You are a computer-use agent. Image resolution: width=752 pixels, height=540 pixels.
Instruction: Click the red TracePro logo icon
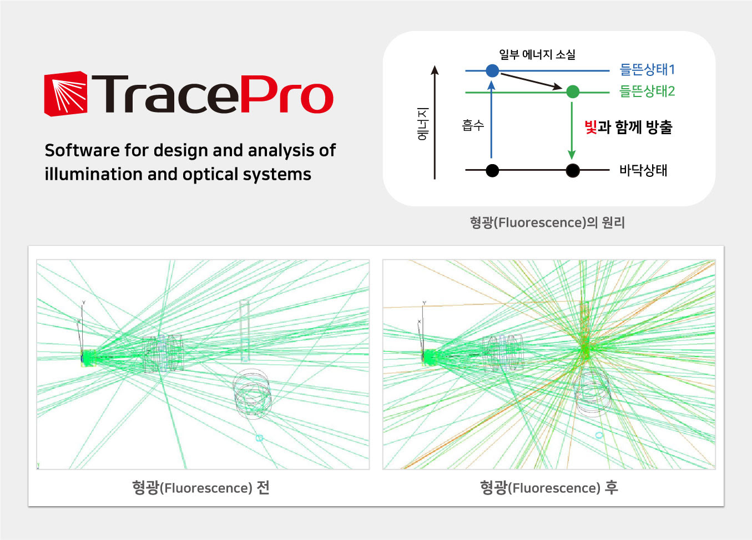click(66, 94)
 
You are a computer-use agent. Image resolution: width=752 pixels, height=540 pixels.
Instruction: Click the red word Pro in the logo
click(287, 94)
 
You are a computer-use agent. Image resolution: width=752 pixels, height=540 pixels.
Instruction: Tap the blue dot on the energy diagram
click(492, 71)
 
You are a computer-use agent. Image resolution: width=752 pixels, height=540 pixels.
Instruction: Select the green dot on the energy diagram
click(573, 91)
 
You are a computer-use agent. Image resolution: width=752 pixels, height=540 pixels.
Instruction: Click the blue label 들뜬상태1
click(647, 70)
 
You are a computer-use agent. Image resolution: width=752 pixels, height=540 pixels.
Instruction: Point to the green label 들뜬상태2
click(647, 91)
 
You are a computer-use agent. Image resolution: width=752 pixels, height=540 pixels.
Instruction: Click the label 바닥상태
click(643, 170)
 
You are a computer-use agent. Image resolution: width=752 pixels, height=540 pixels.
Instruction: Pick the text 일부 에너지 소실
click(537, 54)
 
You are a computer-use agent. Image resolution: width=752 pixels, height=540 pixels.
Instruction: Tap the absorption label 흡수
click(473, 125)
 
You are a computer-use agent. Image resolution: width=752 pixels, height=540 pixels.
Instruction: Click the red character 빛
click(591, 127)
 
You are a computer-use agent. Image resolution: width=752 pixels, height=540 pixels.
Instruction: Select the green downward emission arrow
click(572, 131)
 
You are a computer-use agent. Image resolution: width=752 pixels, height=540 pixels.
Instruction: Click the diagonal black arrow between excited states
click(531, 81)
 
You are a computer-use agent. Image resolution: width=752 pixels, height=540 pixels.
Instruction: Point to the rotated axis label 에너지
click(423, 124)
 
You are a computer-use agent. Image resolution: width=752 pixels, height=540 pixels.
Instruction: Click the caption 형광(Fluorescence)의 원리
click(547, 223)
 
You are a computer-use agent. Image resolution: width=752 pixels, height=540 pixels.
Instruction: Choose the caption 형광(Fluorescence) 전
click(200, 488)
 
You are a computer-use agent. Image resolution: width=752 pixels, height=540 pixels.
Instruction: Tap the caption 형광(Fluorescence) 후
click(549, 488)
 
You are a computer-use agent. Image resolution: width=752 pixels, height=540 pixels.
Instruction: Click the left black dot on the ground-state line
click(492, 170)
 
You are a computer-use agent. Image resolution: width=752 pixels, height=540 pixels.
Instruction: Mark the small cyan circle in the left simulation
click(259, 438)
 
